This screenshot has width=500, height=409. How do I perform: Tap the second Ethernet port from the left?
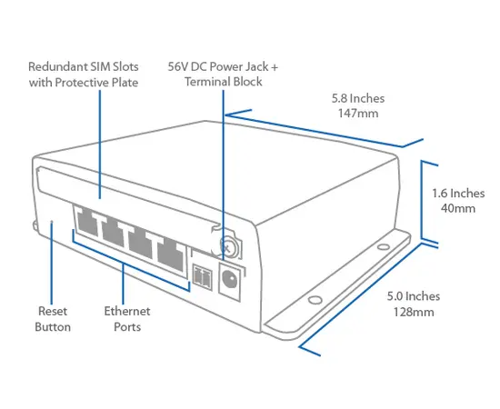click(113, 231)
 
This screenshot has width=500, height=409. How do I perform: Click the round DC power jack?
click(230, 279)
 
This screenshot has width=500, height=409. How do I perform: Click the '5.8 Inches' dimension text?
click(359, 98)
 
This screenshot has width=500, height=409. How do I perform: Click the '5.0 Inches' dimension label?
click(413, 296)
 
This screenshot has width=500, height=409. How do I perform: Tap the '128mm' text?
click(411, 312)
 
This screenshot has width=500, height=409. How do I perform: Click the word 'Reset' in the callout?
click(52, 311)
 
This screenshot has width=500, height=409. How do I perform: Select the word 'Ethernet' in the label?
click(126, 311)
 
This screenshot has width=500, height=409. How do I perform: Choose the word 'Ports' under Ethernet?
click(126, 326)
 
